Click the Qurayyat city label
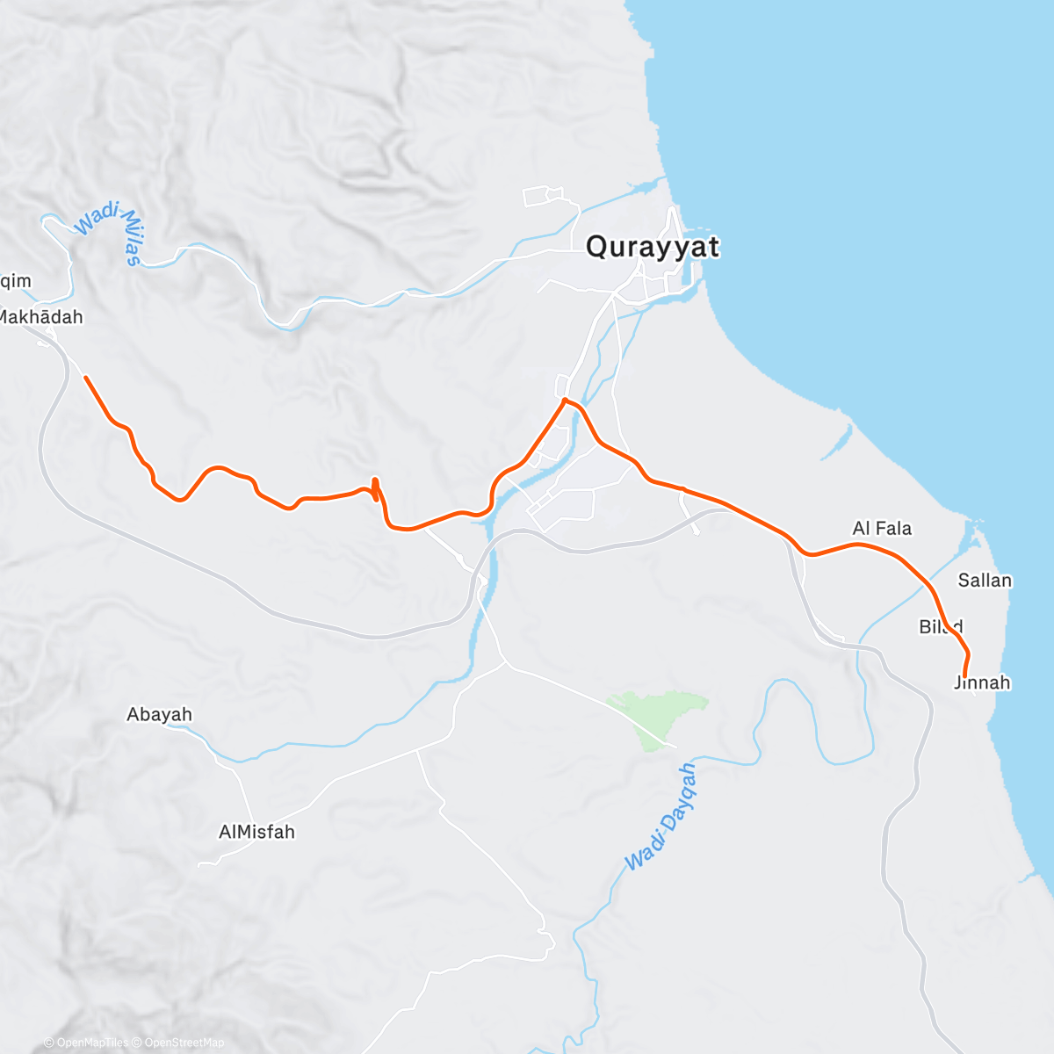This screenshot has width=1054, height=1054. point(652,247)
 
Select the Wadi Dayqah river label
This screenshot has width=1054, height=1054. point(661,818)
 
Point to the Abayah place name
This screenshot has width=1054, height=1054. point(159,714)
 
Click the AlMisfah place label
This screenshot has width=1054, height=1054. point(256,831)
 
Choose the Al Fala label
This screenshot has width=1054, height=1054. point(882,528)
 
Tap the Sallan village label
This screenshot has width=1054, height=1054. point(985,580)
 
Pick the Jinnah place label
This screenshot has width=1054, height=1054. point(982,682)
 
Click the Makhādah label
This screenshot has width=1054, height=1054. point(41,317)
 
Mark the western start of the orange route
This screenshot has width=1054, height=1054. point(85,378)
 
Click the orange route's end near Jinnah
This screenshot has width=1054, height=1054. point(964,675)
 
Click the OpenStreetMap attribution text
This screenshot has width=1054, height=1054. point(184,1043)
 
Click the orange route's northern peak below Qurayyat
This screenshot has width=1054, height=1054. point(565,401)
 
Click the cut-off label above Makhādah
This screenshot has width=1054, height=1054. point(16,281)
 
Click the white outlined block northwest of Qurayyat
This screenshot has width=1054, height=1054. point(542,196)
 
